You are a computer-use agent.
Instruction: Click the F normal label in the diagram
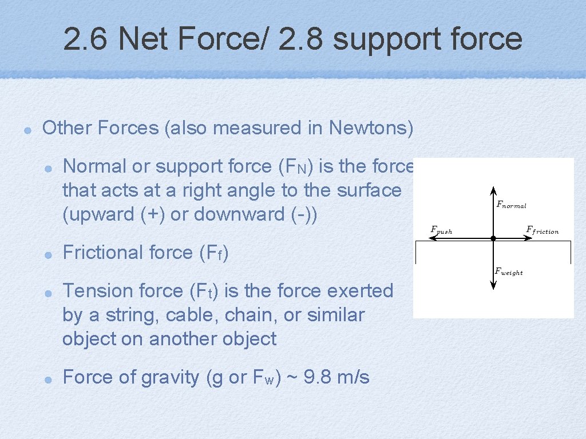coord(510,205)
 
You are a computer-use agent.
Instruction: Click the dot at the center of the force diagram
coord(493,238)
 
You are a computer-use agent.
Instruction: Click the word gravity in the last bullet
coord(170,377)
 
